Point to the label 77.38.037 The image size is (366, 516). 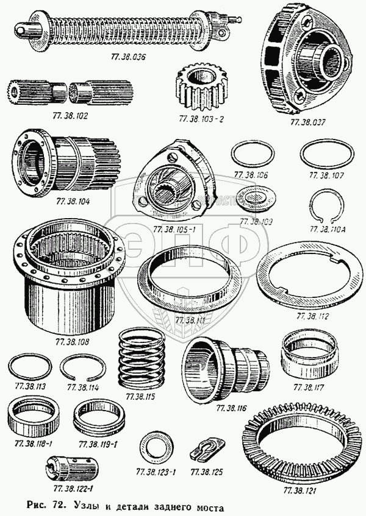coord(309,122)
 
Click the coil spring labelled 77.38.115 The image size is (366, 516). coord(142,359)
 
